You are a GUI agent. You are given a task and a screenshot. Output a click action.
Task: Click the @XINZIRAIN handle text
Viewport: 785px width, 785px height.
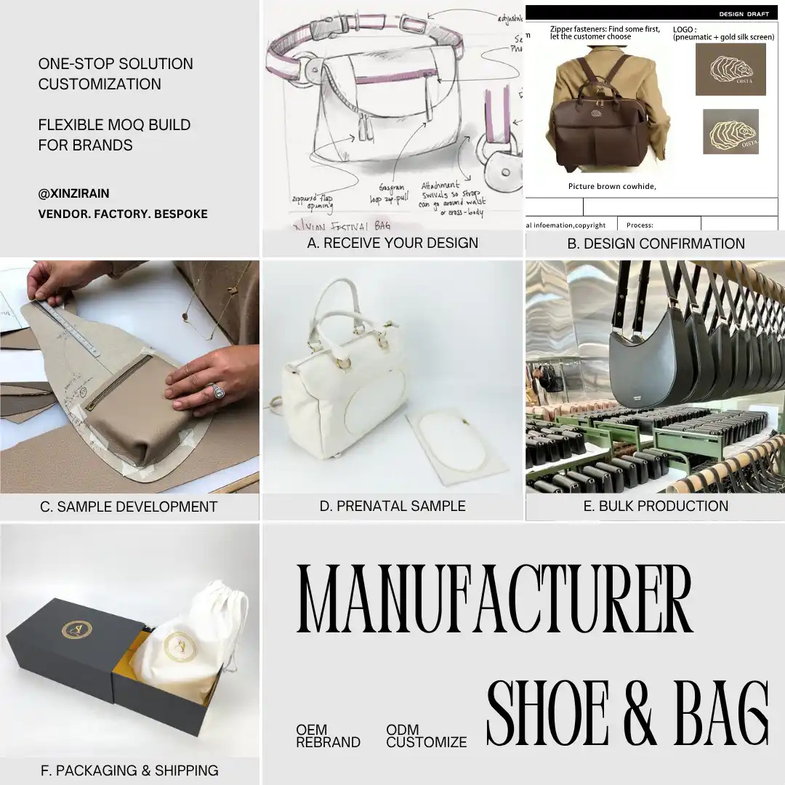73,194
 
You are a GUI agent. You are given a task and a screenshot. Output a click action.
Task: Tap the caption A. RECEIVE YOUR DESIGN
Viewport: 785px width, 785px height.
392,243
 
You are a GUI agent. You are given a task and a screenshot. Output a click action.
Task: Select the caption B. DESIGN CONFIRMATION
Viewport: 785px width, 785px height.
656,244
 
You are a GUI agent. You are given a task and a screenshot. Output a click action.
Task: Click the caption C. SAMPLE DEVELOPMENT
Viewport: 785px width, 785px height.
129,507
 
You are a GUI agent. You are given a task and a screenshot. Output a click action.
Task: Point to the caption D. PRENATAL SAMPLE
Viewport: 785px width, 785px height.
392,506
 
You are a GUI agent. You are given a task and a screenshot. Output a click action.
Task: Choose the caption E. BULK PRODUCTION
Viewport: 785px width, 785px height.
656,506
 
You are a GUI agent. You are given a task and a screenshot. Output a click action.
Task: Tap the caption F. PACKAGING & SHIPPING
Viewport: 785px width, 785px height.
129,770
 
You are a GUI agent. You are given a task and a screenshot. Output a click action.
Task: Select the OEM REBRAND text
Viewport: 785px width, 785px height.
328,736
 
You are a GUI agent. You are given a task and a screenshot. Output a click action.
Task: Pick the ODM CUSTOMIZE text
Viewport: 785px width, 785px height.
426,736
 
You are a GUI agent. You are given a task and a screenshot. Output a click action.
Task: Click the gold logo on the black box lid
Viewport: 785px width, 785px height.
77,629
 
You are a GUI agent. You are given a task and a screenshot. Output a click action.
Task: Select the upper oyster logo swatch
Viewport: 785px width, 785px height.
730,70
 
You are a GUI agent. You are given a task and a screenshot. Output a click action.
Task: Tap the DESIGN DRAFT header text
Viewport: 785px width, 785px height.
744,14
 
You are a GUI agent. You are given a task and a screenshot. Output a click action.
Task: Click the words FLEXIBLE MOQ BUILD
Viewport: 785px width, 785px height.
114,125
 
